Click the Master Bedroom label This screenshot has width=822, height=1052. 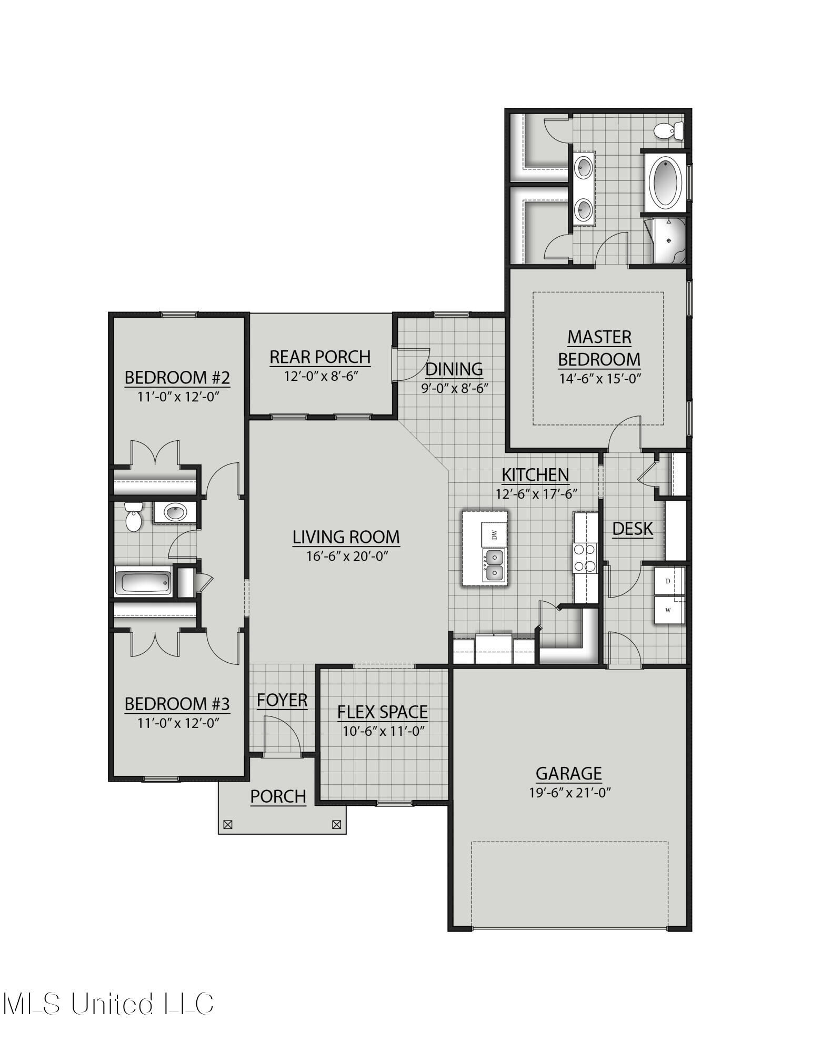click(599, 348)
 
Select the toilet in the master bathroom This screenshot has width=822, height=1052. click(670, 130)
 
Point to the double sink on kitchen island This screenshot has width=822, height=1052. click(494, 564)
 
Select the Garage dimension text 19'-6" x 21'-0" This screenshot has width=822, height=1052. click(569, 793)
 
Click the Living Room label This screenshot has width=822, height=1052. click(346, 537)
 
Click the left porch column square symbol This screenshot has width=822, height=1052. click(228, 825)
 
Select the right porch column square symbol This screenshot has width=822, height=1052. click(337, 825)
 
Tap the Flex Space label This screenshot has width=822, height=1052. click(382, 712)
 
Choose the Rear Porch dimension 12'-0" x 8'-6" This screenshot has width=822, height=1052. click(320, 377)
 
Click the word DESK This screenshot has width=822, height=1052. click(632, 529)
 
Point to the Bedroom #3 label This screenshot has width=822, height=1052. click(177, 704)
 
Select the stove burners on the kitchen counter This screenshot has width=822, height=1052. click(585, 558)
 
